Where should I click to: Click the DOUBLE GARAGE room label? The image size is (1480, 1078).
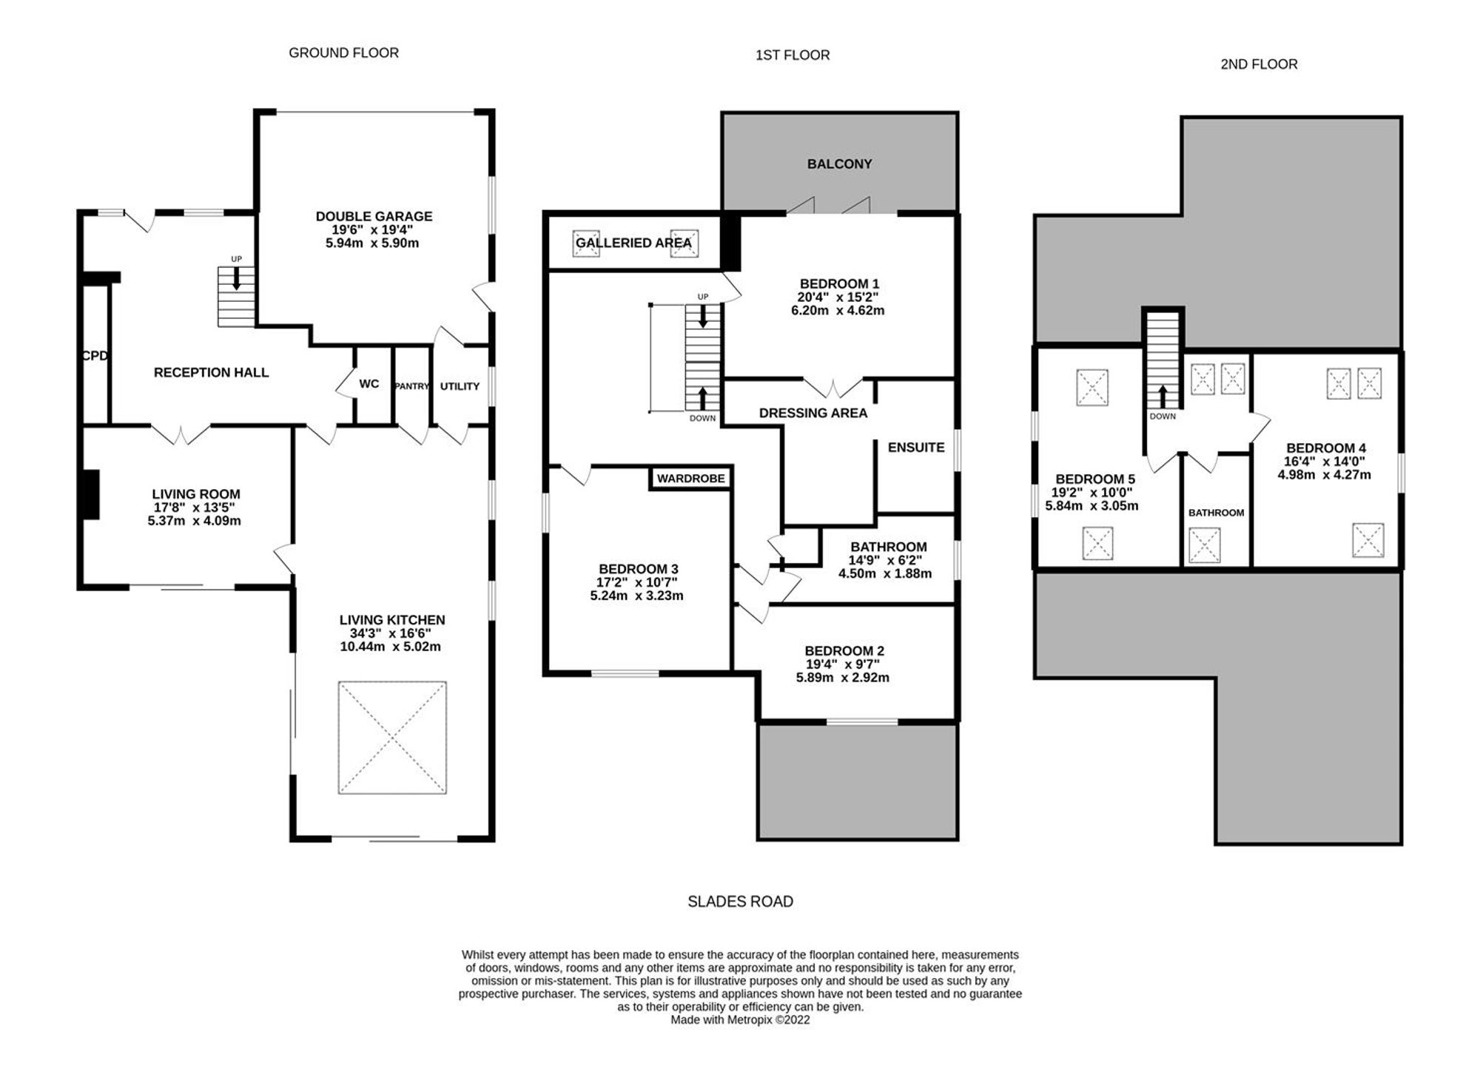click(x=374, y=216)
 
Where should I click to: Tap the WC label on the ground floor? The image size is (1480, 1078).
click(x=369, y=383)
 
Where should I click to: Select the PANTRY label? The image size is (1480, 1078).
click(x=411, y=386)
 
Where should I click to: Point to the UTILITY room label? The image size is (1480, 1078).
click(x=460, y=386)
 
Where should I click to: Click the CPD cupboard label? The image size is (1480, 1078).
click(x=95, y=356)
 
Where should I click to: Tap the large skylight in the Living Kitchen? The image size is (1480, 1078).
click(x=392, y=738)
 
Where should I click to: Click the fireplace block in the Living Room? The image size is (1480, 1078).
click(x=90, y=495)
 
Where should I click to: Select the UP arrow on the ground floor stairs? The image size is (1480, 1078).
click(x=236, y=278)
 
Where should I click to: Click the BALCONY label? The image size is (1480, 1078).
click(x=839, y=164)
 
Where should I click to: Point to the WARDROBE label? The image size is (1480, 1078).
click(x=691, y=479)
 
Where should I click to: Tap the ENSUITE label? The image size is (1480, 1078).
click(x=916, y=448)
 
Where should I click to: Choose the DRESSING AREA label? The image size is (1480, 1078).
click(x=813, y=413)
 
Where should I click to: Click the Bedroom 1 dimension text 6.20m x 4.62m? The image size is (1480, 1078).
click(x=838, y=311)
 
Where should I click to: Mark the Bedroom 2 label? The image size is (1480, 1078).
click(x=844, y=651)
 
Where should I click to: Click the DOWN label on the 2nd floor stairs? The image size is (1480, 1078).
click(x=1163, y=417)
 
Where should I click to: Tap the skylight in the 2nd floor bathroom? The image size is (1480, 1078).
click(x=1204, y=545)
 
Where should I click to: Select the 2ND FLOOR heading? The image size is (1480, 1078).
click(x=1259, y=64)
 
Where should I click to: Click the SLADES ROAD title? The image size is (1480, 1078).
click(x=740, y=901)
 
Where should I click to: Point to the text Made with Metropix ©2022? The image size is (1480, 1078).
click(x=740, y=1020)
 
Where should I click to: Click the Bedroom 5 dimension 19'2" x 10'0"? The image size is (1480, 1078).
click(x=1091, y=493)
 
